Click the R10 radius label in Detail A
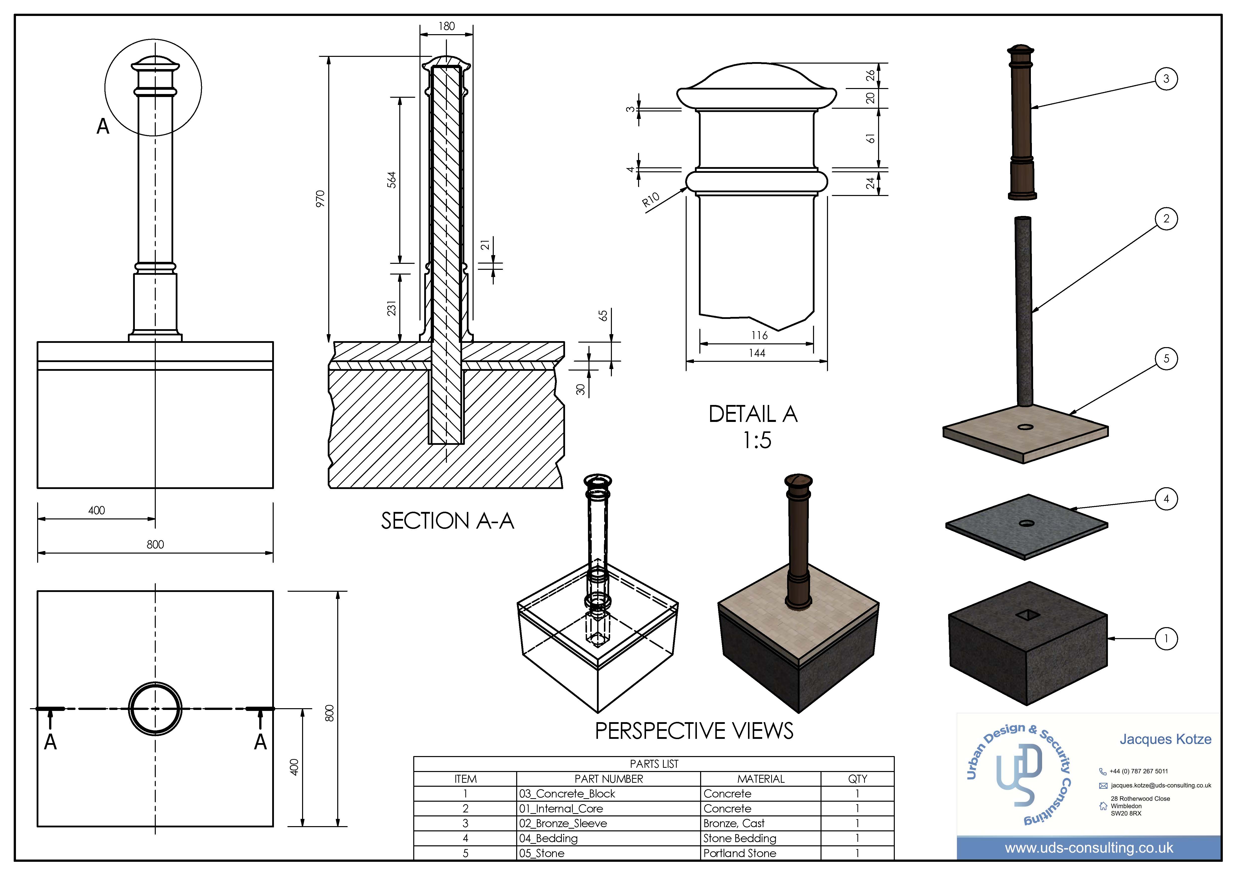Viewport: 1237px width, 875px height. [x=651, y=200]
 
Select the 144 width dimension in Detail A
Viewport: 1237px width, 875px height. [x=757, y=353]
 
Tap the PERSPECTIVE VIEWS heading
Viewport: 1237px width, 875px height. [x=694, y=731]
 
